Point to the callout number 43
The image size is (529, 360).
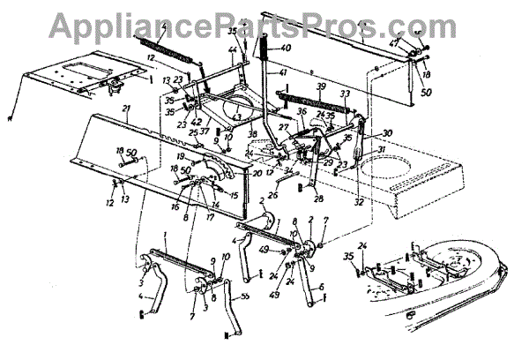(237, 116)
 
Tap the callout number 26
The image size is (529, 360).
(272, 195)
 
